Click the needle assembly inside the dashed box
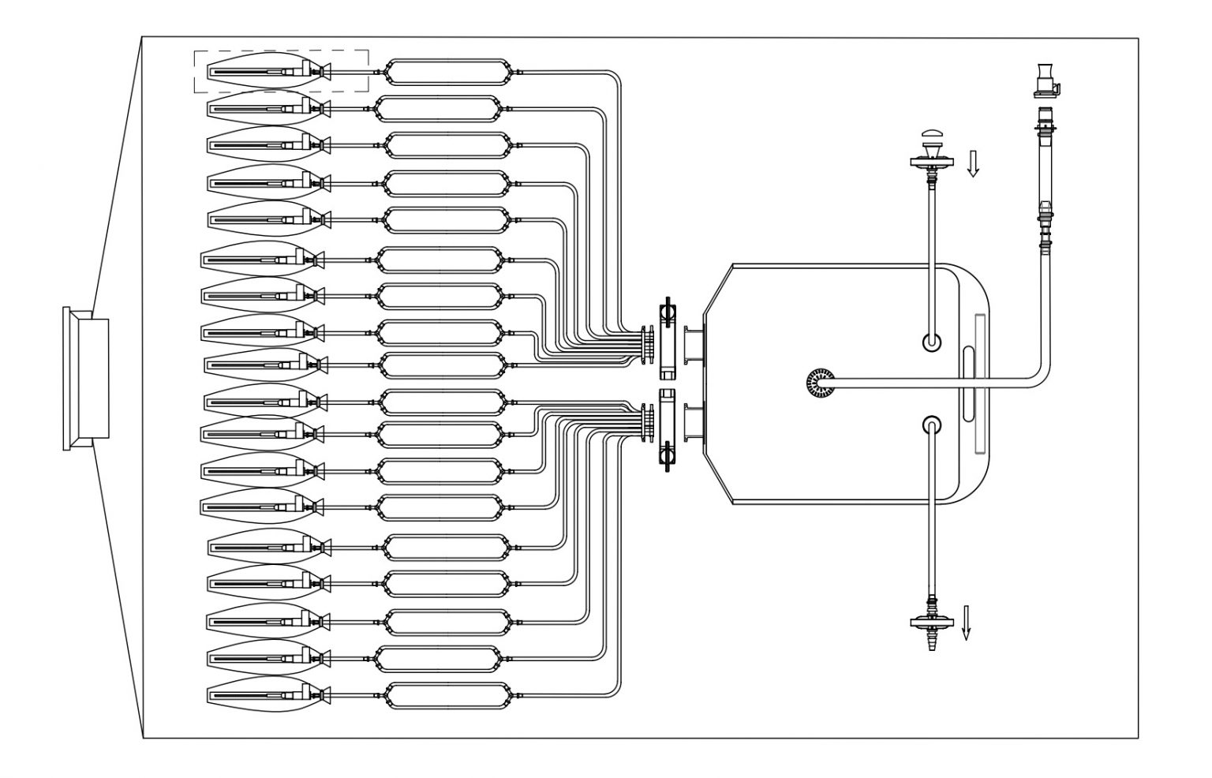coord(268,72)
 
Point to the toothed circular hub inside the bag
coord(819,383)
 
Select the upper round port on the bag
coord(932,342)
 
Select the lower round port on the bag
coord(932,425)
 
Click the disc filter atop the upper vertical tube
coord(932,163)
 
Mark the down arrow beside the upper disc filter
coord(973,163)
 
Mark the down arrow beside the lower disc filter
coord(967,622)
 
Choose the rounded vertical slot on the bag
coord(968,383)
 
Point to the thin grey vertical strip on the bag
coord(981,383)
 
